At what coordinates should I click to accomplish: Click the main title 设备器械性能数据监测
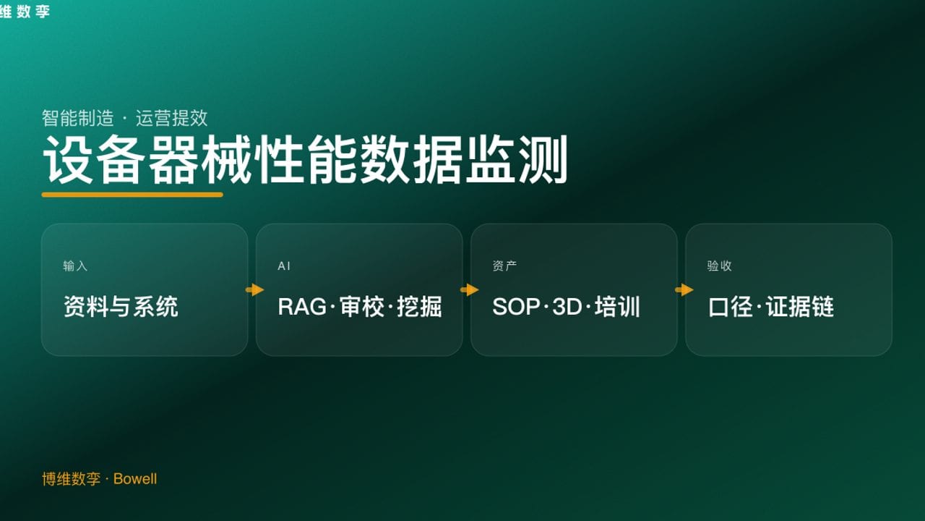[x=305, y=160]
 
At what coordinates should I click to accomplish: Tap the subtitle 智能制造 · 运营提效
[x=125, y=118]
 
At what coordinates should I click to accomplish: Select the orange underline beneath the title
[x=132, y=195]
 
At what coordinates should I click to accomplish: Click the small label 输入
[x=75, y=266]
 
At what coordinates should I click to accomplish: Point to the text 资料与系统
[x=121, y=307]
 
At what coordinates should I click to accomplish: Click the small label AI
[x=284, y=266]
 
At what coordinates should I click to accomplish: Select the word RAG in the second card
[x=302, y=307]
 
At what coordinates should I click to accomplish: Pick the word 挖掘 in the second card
[x=419, y=307]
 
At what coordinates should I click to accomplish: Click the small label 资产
[x=504, y=266]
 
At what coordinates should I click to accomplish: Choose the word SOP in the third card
[x=516, y=307]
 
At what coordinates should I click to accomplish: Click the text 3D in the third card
[x=567, y=307]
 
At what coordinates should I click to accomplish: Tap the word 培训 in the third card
[x=618, y=307]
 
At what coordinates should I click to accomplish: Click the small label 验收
[x=719, y=266]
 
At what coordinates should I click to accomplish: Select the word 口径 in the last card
[x=731, y=307]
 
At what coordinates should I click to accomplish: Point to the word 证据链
[x=800, y=307]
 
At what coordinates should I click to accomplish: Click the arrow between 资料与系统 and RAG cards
[x=255, y=290]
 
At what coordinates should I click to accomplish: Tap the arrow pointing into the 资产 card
[x=470, y=290]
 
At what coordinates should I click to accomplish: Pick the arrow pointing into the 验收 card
[x=684, y=290]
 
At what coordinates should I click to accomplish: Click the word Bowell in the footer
[x=135, y=479]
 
